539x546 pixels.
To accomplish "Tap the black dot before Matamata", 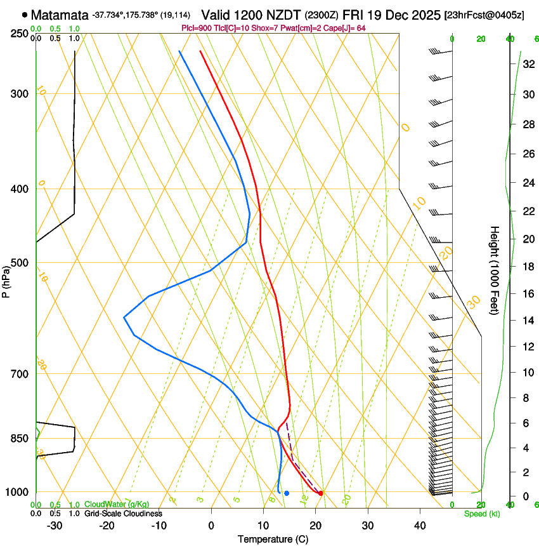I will pos(24,15).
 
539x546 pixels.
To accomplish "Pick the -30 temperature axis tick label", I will pos(55,525).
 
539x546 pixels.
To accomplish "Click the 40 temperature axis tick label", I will pos(420,525).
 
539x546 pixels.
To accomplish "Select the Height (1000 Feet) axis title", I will pos(495,270).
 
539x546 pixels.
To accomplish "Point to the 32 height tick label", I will pos(528,64).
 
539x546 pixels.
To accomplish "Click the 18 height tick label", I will pos(528,266).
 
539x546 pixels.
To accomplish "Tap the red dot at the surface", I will pos(321,493).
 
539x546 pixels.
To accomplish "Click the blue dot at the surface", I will pos(287,493).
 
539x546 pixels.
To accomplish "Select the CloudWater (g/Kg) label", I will pos(117,505).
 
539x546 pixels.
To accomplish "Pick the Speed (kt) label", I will pos(481,514).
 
